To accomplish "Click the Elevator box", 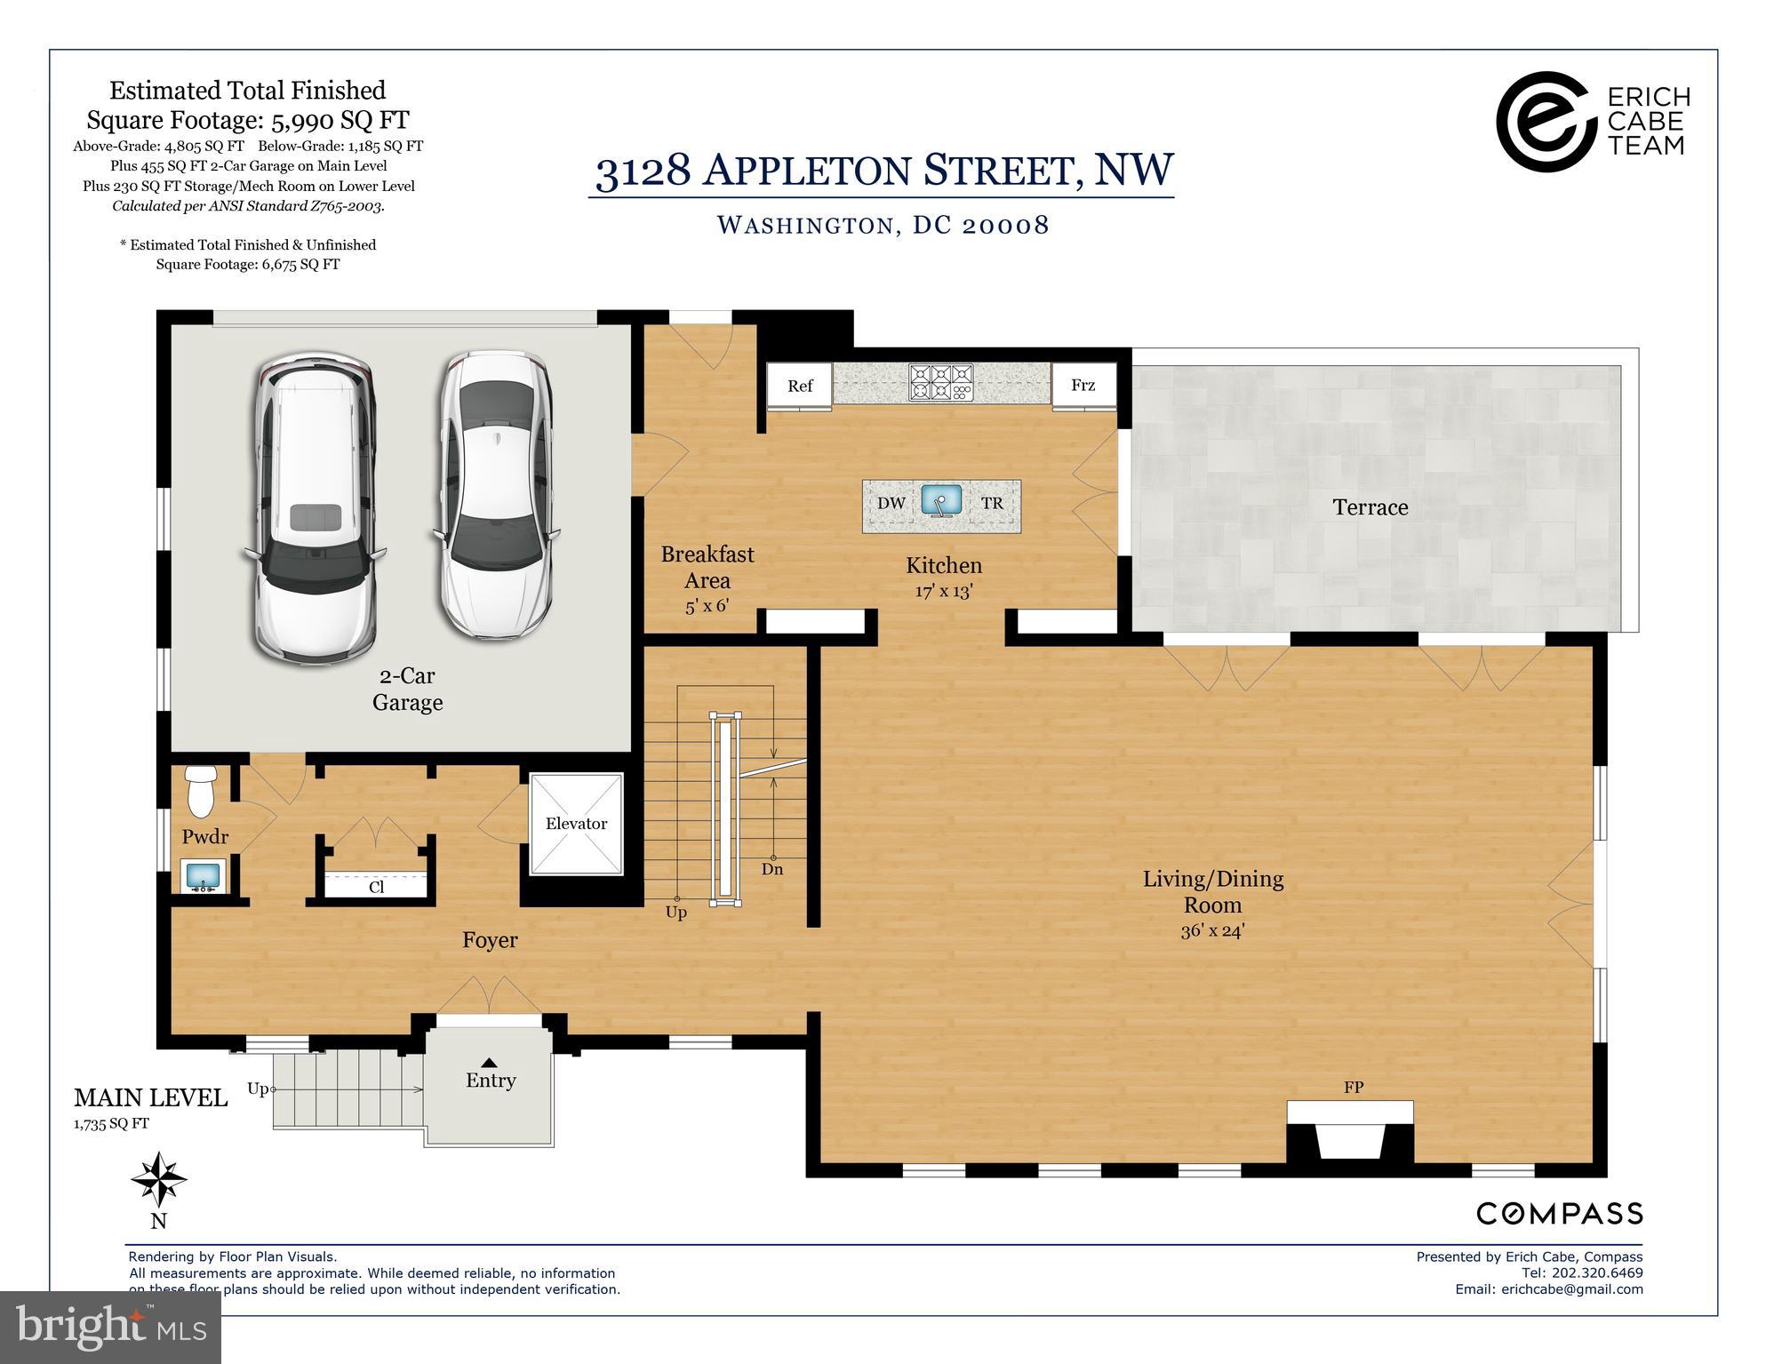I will tap(576, 824).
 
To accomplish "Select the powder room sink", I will tap(204, 875).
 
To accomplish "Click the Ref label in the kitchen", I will tap(800, 386).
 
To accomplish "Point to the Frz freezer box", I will tap(1083, 385).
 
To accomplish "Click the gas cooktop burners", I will tap(940, 383).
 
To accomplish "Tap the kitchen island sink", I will tap(941, 501).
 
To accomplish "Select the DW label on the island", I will tap(891, 503).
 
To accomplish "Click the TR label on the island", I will tap(992, 503).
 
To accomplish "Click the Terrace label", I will tap(1370, 507).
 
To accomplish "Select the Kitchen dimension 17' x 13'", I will tap(943, 590).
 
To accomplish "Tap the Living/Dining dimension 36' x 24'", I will tap(1212, 931).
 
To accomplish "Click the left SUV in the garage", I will tap(316, 508).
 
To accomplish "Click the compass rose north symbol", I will tap(159, 1180).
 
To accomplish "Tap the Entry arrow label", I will tap(489, 1063).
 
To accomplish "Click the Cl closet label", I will tap(376, 887).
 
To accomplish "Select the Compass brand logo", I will tap(1559, 1213).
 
